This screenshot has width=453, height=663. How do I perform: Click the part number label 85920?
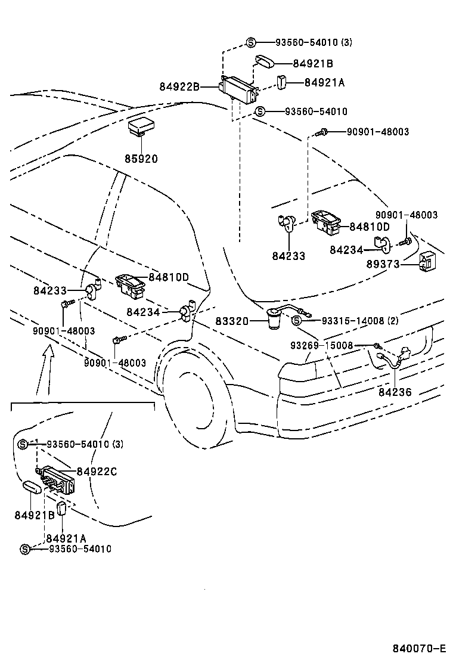pyautogui.click(x=141, y=159)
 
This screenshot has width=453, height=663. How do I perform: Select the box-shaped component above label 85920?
pyautogui.click(x=141, y=127)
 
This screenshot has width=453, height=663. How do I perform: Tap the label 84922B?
pyautogui.click(x=179, y=86)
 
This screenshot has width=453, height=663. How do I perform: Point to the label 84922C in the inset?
pyautogui.click(x=97, y=472)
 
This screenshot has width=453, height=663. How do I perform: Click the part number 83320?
pyautogui.click(x=232, y=321)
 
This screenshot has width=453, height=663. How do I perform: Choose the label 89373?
pyautogui.click(x=383, y=264)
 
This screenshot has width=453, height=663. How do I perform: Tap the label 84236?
pyautogui.click(x=395, y=392)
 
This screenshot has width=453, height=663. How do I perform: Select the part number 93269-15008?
pyautogui.click(x=322, y=345)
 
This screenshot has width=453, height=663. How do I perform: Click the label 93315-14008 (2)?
pyautogui.click(x=360, y=321)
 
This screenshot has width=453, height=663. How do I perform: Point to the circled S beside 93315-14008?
pyautogui.click(x=297, y=321)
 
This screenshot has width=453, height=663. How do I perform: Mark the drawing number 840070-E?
pyautogui.click(x=419, y=648)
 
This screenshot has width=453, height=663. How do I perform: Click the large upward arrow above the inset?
pyautogui.click(x=46, y=370)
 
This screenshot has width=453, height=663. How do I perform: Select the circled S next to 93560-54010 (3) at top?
pyautogui.click(x=251, y=42)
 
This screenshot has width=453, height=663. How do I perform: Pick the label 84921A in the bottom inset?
pyautogui.click(x=66, y=538)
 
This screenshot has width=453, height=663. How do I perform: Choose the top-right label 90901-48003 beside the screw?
pyautogui.click(x=378, y=132)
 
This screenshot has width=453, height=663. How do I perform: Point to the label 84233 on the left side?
pyautogui.click(x=50, y=291)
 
